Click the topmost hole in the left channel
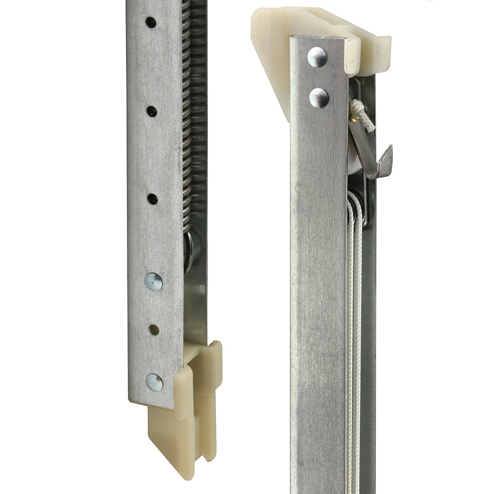pyautogui.click(x=151, y=22)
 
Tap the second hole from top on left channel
pyautogui.click(x=152, y=112)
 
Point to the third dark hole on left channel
pyautogui.click(x=152, y=199)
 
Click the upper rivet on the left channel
pyautogui.click(x=153, y=282)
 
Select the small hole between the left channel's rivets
pyautogui.click(x=154, y=329)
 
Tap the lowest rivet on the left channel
pyautogui.click(x=154, y=382)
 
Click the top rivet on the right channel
pyautogui.click(x=317, y=57)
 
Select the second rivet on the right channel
pyautogui.click(x=319, y=98)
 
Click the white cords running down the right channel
pyautogui.click(x=354, y=321)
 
